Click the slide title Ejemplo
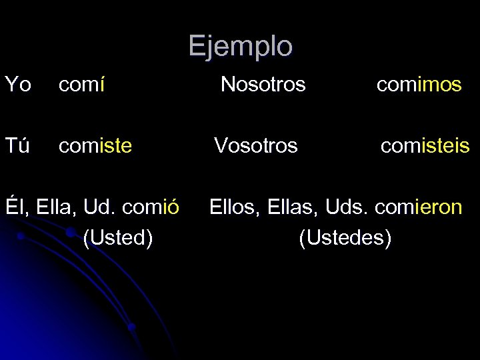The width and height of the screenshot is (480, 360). (x=240, y=47)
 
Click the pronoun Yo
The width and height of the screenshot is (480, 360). (x=18, y=85)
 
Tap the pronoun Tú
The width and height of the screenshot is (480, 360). (x=17, y=145)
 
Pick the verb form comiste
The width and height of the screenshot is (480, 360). (x=95, y=145)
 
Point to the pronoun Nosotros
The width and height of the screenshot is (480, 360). (x=263, y=85)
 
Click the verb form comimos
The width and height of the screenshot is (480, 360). (x=419, y=85)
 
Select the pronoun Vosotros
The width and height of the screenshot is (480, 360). (x=255, y=145)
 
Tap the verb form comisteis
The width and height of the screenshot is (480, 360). (x=425, y=145)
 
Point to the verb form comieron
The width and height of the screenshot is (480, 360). (x=418, y=207)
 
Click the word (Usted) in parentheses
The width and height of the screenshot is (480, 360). (x=118, y=237)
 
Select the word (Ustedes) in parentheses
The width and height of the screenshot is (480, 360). (x=345, y=237)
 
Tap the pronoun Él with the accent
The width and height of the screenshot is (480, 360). (x=14, y=207)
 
